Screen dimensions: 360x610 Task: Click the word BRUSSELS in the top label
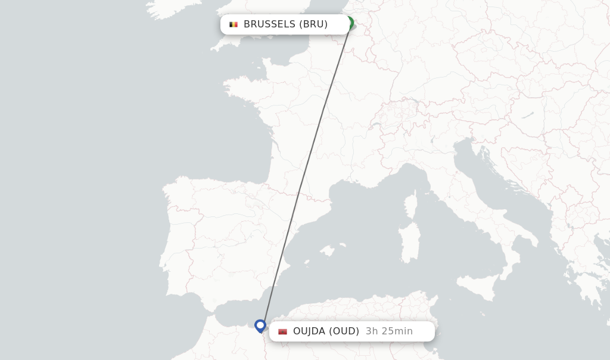point(269,24)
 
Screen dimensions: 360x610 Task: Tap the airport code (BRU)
point(313,24)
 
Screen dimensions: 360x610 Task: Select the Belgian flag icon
point(234,24)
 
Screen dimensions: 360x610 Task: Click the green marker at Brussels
point(350,23)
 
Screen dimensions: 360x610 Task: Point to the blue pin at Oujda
point(260,325)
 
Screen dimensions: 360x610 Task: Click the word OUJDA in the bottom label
point(309,331)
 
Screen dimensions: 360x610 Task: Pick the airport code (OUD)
point(344,331)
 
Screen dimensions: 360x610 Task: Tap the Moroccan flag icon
point(282,331)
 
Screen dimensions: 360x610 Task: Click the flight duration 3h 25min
point(389,331)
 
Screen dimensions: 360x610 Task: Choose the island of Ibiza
point(306,262)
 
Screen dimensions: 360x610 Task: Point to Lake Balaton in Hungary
point(528,114)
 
